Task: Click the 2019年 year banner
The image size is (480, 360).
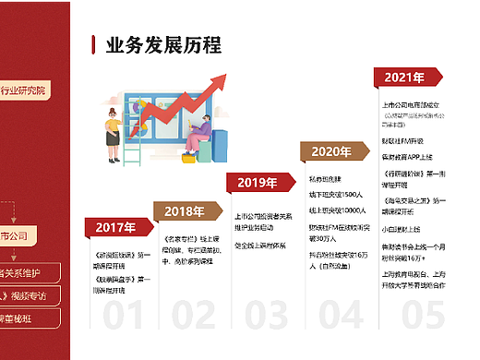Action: (258, 183)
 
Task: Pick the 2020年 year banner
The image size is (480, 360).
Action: (330, 152)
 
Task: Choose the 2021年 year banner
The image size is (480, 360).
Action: (404, 78)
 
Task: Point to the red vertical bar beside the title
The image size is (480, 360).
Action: (94, 46)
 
